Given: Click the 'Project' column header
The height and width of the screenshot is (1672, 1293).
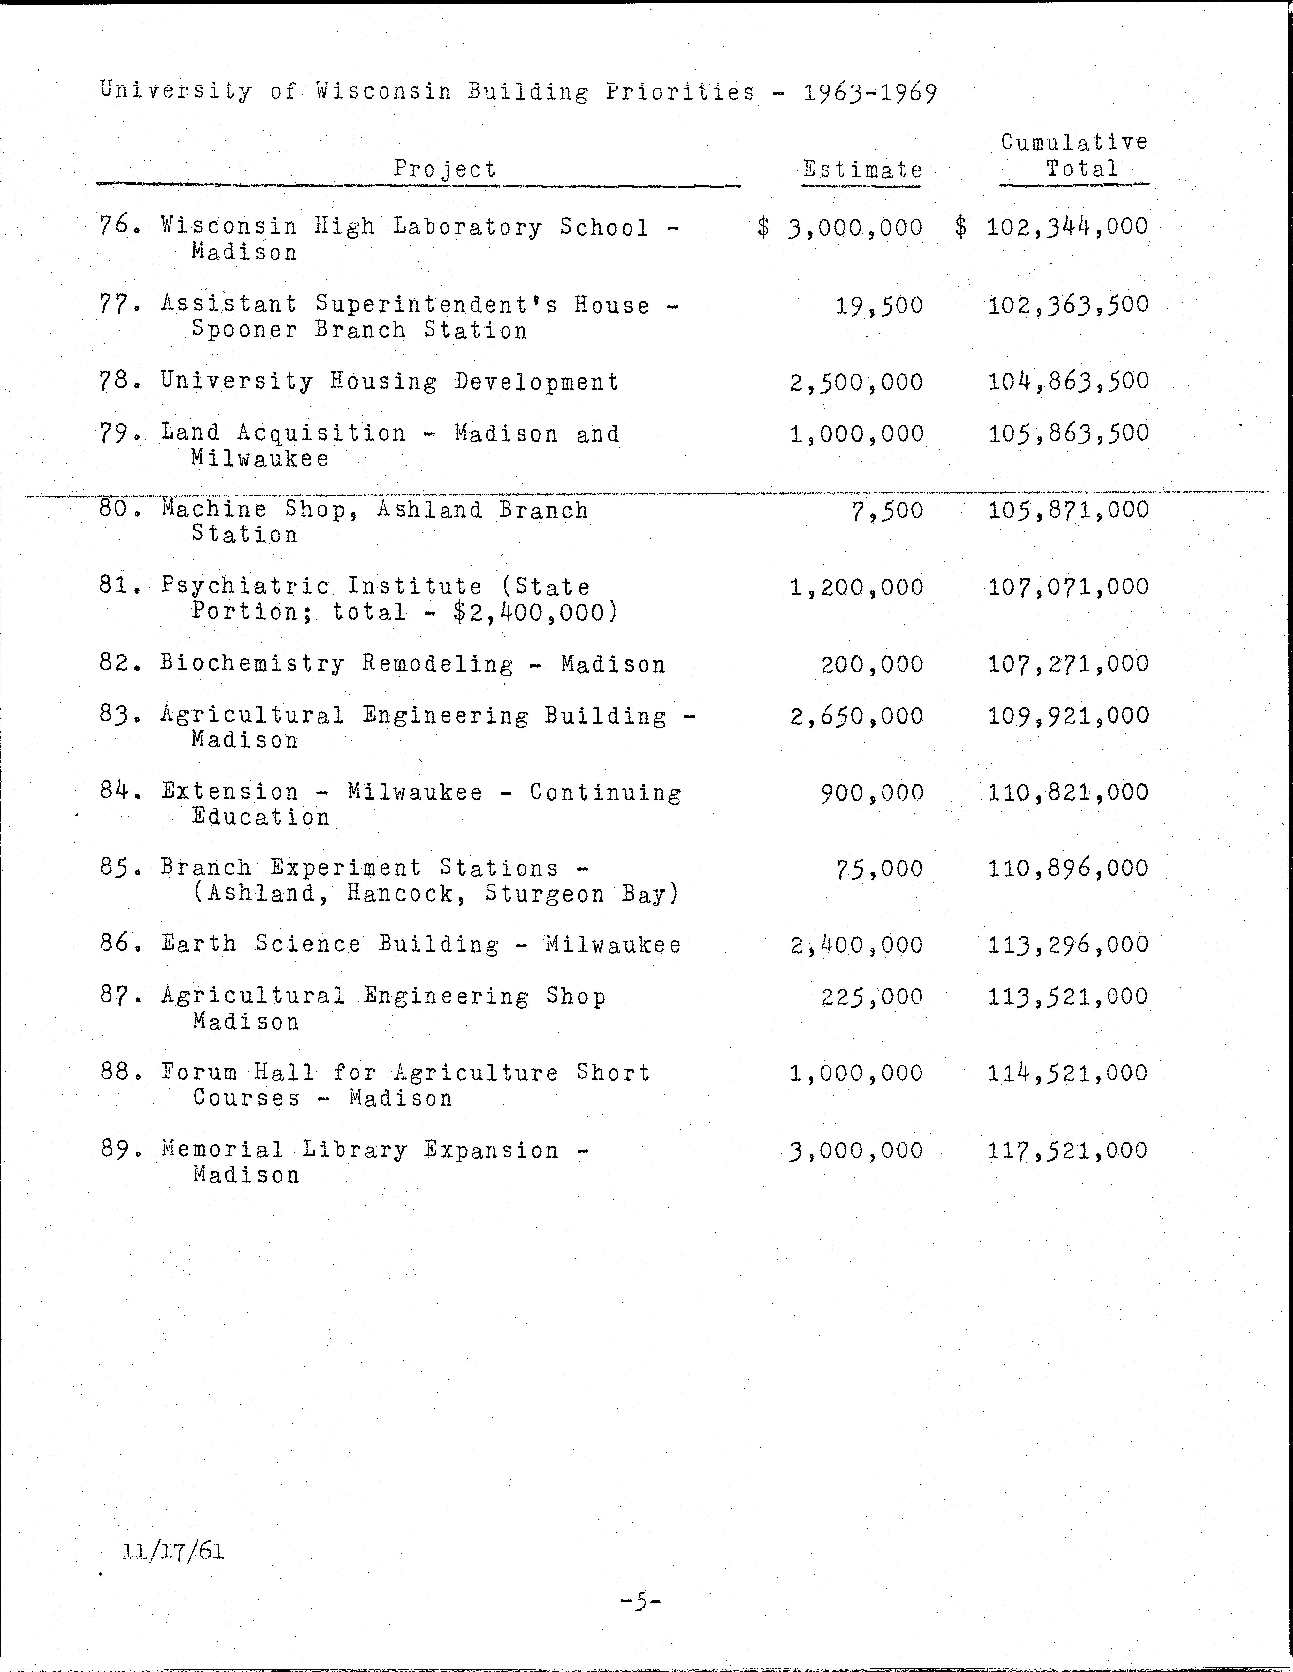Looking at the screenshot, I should [445, 169].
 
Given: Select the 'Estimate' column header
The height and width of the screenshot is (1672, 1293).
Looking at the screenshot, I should [862, 169].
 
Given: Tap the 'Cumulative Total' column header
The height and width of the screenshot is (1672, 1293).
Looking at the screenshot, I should [1074, 155].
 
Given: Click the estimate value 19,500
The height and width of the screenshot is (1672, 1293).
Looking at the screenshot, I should [879, 306].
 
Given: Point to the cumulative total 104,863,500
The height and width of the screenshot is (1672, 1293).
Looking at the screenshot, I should [1068, 381].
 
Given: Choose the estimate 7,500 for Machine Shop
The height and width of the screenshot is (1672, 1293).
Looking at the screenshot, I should [887, 511].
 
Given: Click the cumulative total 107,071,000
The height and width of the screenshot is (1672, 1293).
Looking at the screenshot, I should [1068, 587].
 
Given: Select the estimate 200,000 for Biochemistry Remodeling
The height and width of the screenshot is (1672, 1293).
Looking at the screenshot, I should [872, 664].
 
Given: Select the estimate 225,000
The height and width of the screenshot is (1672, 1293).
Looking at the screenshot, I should [872, 997].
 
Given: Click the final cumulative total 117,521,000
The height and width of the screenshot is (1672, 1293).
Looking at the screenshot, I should [1068, 1150].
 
